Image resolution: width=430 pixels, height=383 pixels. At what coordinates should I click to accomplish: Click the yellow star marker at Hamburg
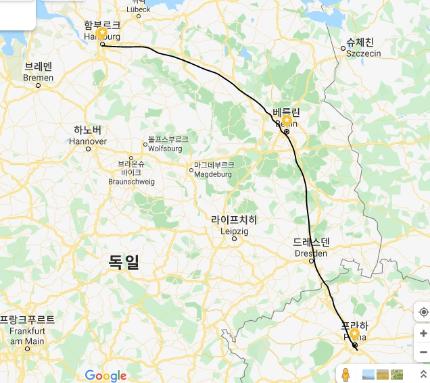click(x=102, y=33)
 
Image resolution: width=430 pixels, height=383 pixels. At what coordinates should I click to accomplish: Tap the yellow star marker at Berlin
click(x=286, y=121)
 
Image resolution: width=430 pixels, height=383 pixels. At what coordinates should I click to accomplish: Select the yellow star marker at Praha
click(x=354, y=334)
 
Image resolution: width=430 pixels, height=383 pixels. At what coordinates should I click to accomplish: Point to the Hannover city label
click(x=88, y=135)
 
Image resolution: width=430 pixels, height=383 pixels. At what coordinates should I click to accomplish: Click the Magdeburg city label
click(x=214, y=170)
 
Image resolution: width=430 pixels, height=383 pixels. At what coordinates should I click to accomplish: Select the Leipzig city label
click(x=234, y=225)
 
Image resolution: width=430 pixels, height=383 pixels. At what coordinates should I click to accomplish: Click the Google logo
click(x=106, y=376)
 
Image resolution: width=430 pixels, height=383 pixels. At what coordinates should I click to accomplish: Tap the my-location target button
click(x=423, y=312)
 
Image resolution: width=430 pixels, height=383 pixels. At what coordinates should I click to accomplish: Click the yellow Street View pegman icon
click(x=345, y=374)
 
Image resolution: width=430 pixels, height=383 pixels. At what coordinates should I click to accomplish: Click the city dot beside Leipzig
click(x=235, y=238)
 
